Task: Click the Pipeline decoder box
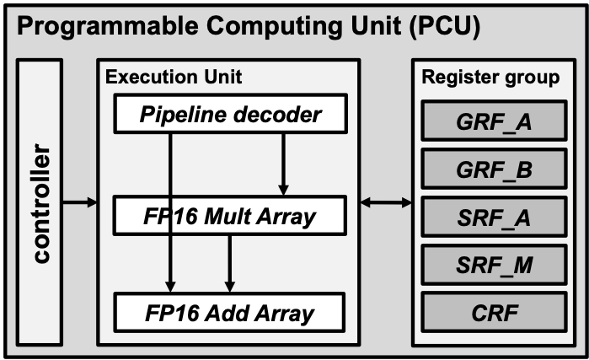tap(230, 114)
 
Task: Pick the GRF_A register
tap(494, 122)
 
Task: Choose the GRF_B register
tap(494, 169)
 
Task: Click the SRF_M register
tap(494, 266)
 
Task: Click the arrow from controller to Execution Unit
tap(81, 202)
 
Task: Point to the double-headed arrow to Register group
tap(386, 202)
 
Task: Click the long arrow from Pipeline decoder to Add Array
tap(172, 253)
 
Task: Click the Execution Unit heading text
tap(173, 78)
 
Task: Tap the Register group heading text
tap(490, 78)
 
